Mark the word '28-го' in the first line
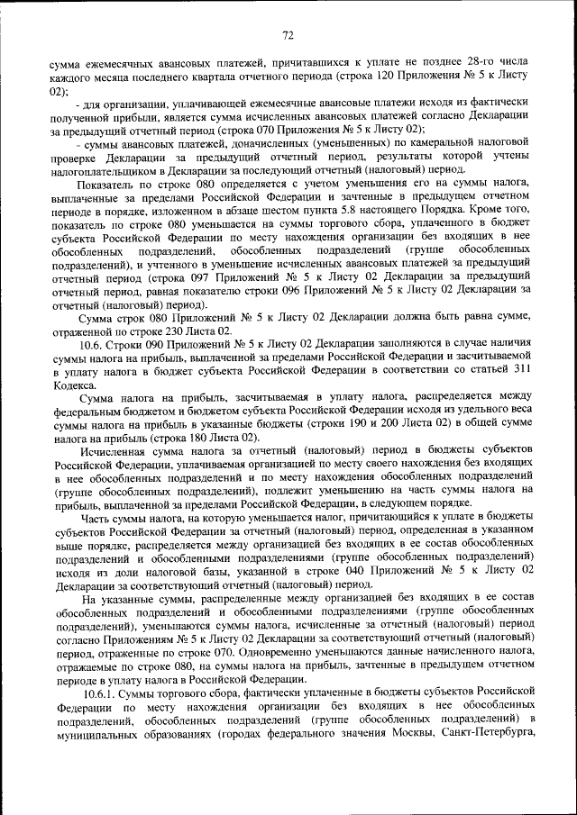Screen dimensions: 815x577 pyautogui.click(x=454, y=65)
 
